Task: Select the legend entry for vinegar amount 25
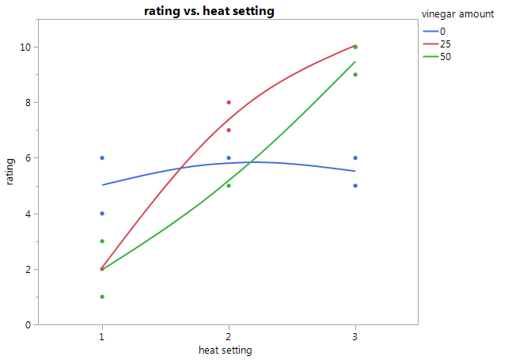tap(445, 44)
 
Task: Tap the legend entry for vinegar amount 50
tap(445, 56)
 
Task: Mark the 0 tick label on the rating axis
tap(28, 324)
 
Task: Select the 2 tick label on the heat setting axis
tap(229, 335)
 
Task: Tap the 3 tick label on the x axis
tap(355, 335)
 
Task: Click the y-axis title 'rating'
tap(10, 172)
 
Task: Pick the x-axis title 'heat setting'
tap(228, 349)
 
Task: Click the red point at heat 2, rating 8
tap(229, 102)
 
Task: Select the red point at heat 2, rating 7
tap(229, 130)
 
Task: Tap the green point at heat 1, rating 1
tap(102, 297)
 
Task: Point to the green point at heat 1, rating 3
tap(102, 241)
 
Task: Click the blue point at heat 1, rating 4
tap(102, 214)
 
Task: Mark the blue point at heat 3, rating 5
tap(355, 186)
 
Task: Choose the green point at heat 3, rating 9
tap(355, 75)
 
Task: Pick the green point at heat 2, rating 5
tap(229, 186)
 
